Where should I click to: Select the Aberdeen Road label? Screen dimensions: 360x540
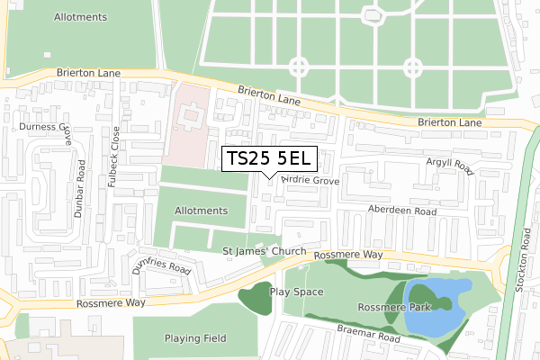[x=400, y=210]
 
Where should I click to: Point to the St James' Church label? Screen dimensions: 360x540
[x=265, y=251]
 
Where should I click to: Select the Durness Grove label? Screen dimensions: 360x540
[x=40, y=129]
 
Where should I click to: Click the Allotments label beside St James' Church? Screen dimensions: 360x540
[x=201, y=211]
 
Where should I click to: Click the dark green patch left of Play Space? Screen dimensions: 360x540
[x=254, y=300]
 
